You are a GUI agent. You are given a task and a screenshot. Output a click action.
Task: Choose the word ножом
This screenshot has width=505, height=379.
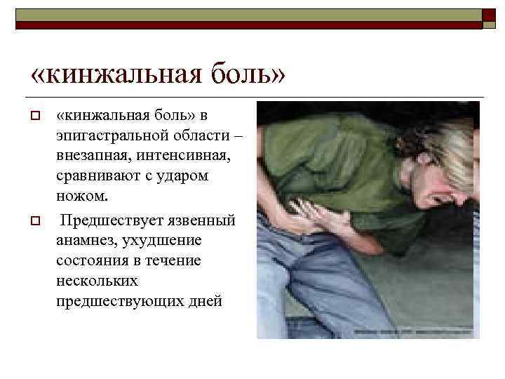[78, 194]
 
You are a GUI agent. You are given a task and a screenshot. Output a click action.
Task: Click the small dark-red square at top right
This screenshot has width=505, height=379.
[488, 17]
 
